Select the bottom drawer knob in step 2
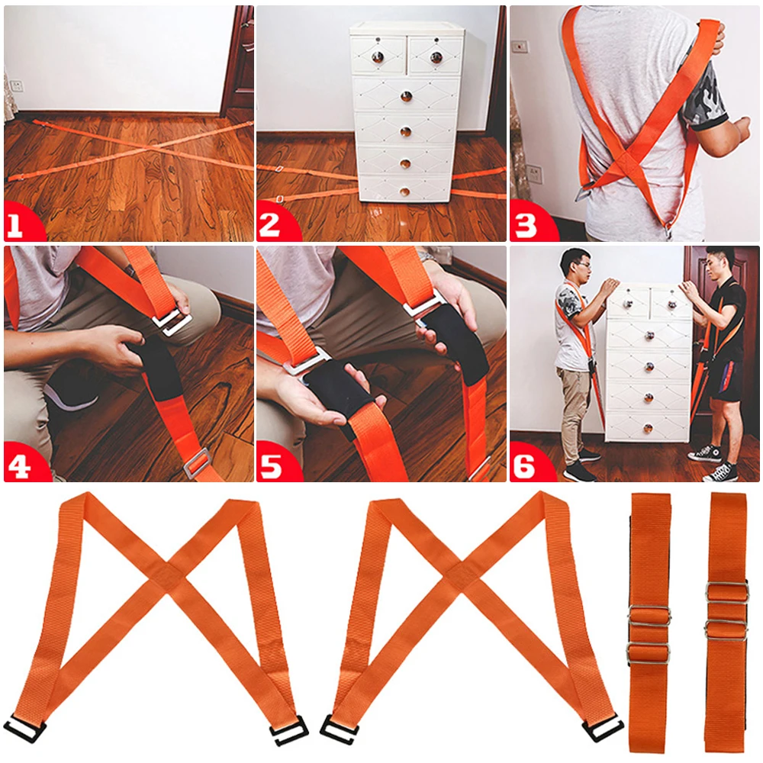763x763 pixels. [x=404, y=192]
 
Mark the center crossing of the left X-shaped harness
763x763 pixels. [x=167, y=571]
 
